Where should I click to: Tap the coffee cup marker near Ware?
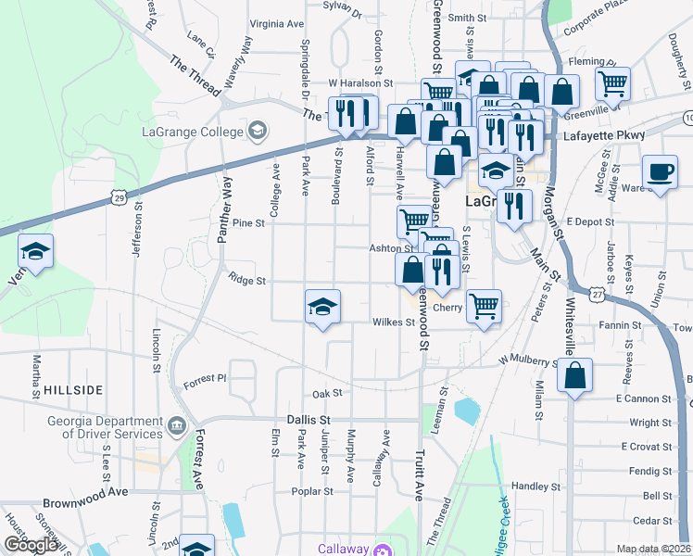[x=660, y=172]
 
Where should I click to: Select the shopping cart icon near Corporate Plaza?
[x=613, y=82]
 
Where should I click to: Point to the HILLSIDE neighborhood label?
[x=73, y=390]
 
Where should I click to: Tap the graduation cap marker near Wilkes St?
[x=322, y=307]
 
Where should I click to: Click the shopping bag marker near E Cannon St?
[x=575, y=375]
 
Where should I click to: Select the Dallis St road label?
[x=309, y=419]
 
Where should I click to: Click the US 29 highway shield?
[x=116, y=196]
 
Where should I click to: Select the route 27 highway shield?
[x=599, y=294]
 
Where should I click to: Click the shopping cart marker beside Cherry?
[x=484, y=306]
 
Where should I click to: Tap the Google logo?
[x=31, y=545]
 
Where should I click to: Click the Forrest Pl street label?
[x=205, y=378]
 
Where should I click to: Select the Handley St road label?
[x=531, y=486]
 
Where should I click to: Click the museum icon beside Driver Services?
[x=175, y=427]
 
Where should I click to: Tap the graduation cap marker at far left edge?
[x=36, y=251]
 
